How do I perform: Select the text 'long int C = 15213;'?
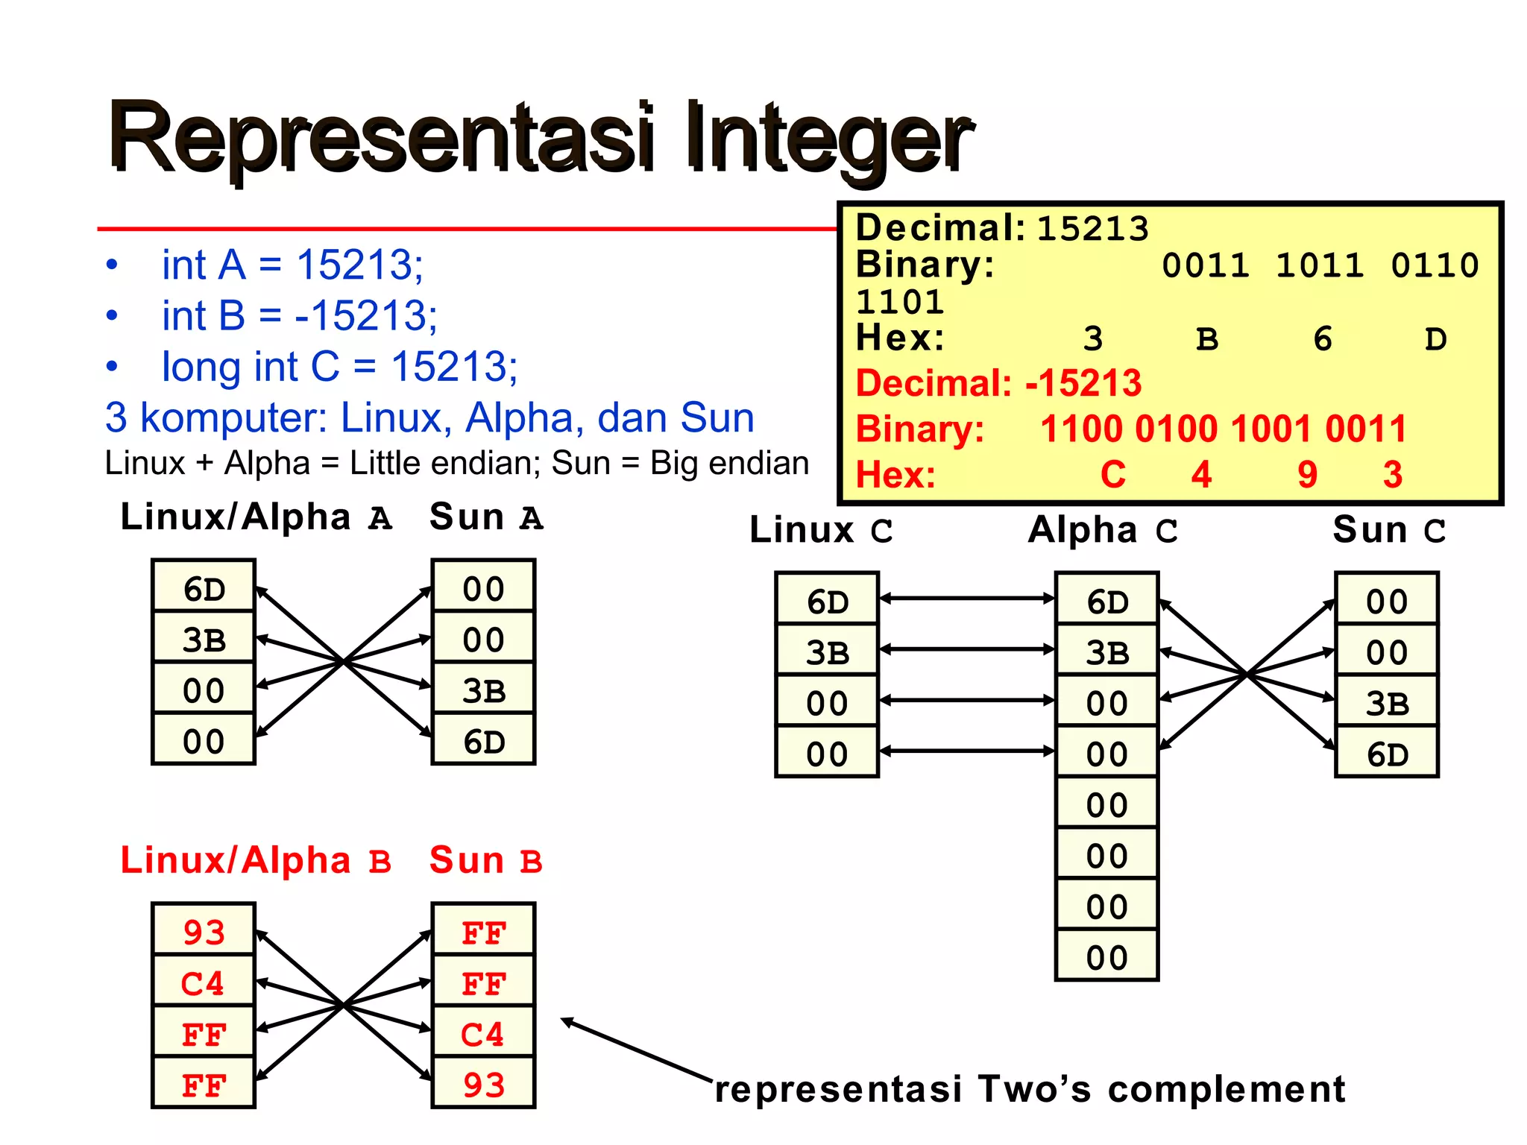pos(339,367)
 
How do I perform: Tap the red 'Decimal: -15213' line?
pos(998,383)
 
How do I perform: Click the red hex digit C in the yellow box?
pos(1112,475)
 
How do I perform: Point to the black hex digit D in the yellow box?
pos(1435,340)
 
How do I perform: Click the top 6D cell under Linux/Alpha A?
pos(204,589)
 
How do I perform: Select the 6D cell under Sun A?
pos(484,742)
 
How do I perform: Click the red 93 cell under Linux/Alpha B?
pos(204,933)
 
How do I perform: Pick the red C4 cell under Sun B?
pos(483,1034)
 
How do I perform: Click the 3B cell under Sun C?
pos(1387,703)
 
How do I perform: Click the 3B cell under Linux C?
pos(827,653)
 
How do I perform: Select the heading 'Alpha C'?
pos(1103,531)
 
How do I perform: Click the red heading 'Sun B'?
pos(485,861)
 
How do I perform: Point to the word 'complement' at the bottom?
pos(1227,1090)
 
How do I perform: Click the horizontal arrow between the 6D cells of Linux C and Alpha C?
pos(967,598)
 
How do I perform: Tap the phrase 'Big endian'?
pos(729,463)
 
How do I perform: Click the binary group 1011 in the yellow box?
pos(1320,265)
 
